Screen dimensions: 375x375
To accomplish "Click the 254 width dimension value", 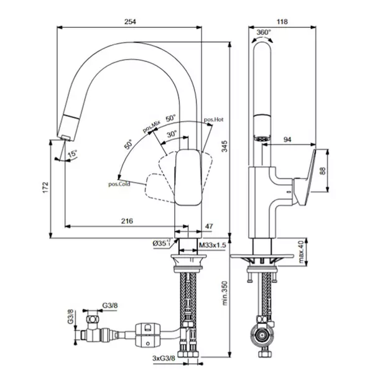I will (x=129, y=22).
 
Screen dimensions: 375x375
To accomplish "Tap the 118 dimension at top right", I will (x=282, y=22).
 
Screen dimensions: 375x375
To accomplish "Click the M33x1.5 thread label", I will (x=213, y=246).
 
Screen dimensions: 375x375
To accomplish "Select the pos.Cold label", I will (x=119, y=183).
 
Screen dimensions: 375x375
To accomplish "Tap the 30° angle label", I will (x=172, y=133).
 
